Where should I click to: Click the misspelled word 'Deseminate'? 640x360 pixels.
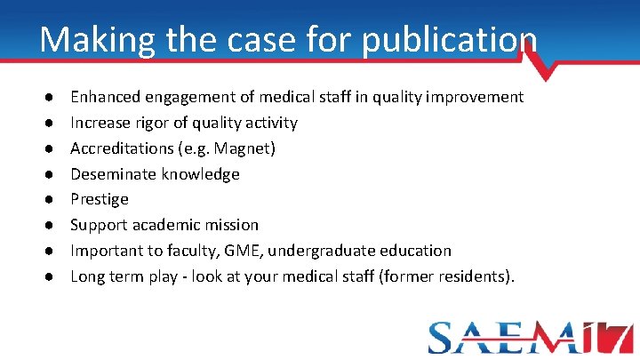110,174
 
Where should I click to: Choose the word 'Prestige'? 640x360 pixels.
100,200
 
